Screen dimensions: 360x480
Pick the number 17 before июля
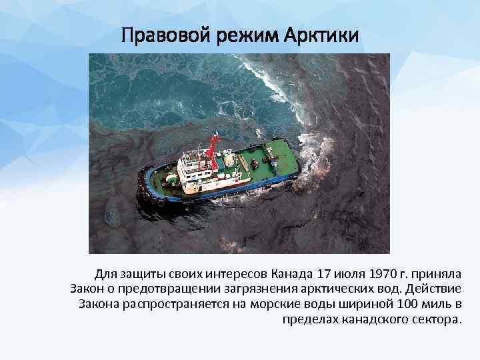click(324, 274)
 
